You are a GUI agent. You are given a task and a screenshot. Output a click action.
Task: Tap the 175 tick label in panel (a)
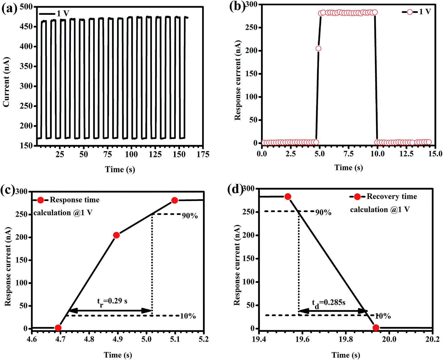[x=203, y=154]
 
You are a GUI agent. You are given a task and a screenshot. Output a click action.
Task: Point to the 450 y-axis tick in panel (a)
[x=26, y=27]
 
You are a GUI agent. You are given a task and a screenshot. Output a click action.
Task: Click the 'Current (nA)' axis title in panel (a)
[x=6, y=82]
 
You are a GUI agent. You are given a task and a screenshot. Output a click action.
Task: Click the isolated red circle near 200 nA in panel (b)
[x=318, y=49]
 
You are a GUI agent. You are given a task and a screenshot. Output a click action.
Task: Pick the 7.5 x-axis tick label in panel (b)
[x=348, y=154]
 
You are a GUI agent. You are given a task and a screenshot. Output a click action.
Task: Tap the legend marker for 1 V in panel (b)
[x=410, y=12]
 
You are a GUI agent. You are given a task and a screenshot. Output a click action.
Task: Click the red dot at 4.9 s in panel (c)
[x=116, y=235]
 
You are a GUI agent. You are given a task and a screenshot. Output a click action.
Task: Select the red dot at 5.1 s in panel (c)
[x=174, y=200]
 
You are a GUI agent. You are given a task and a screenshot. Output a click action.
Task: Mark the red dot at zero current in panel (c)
[x=58, y=328]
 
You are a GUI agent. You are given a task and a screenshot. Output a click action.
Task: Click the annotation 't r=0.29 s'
[x=112, y=302]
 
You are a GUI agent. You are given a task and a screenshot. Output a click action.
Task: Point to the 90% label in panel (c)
[x=190, y=216]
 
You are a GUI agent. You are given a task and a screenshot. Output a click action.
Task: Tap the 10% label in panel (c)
[x=188, y=316]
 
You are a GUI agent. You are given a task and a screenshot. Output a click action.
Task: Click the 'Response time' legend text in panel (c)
[x=74, y=200]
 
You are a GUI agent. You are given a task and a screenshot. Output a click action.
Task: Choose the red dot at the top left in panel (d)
[x=288, y=197]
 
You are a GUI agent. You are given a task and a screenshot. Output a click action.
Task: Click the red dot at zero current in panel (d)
[x=376, y=328]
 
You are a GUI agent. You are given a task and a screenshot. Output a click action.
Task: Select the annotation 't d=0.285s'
[x=329, y=303]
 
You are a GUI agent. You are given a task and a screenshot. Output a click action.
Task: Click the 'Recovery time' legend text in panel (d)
[x=392, y=196]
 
